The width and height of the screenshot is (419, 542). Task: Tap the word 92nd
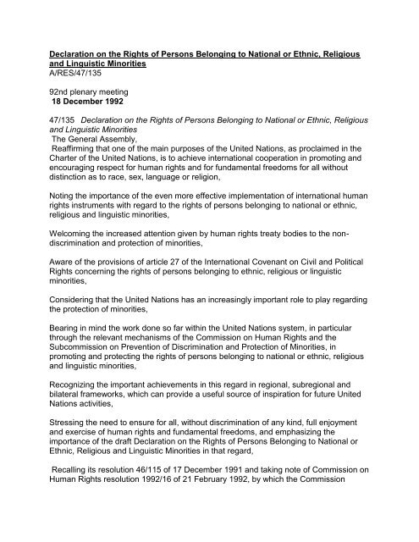click(x=54, y=107)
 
